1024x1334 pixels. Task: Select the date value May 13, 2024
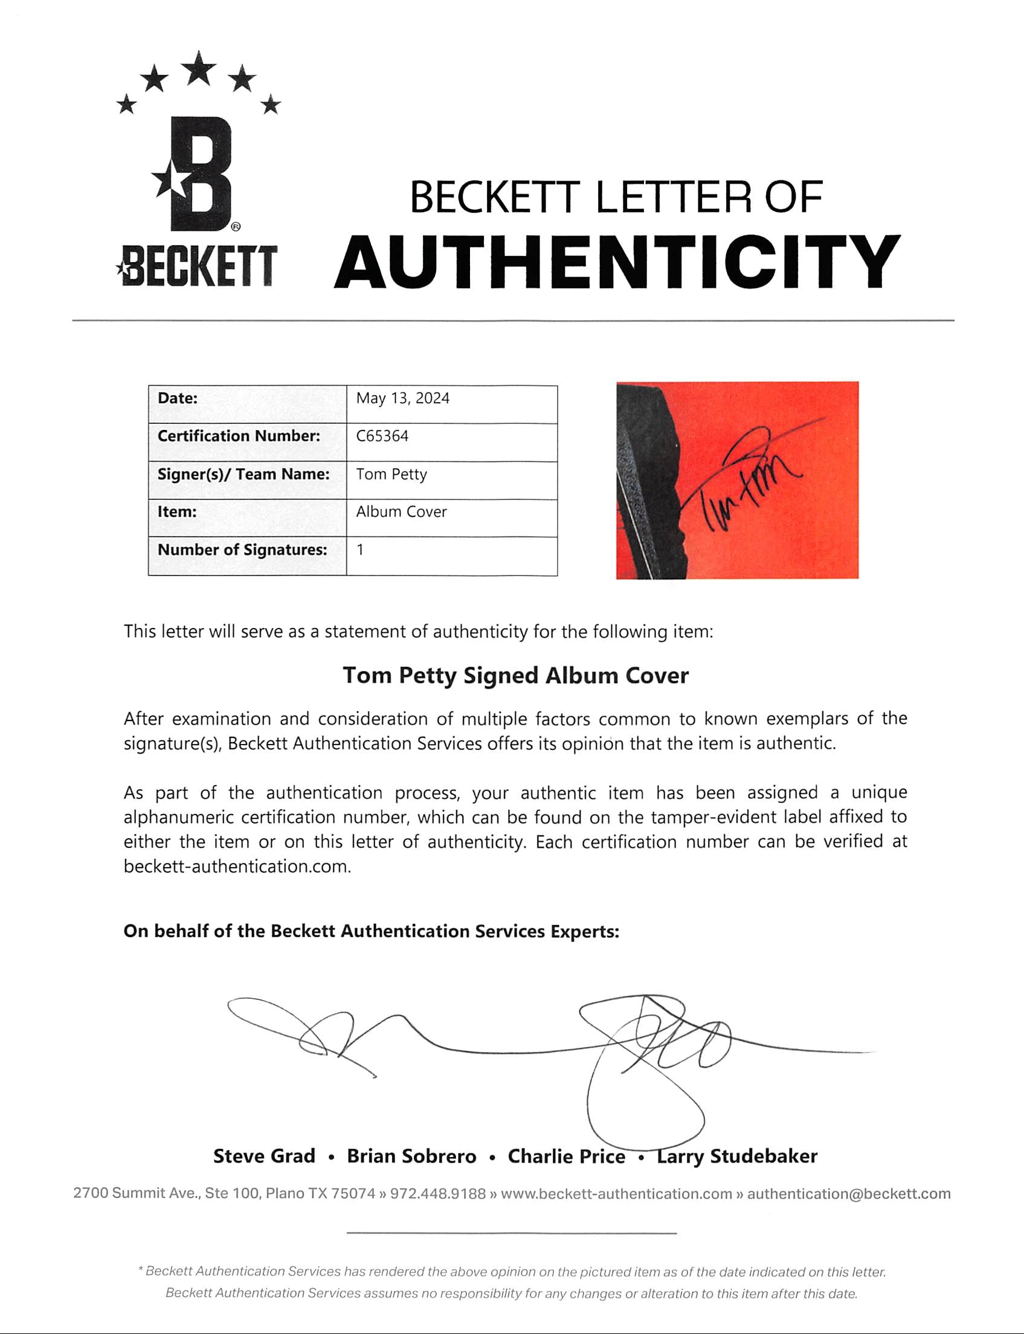pyautogui.click(x=403, y=399)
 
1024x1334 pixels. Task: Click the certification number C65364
pyautogui.click(x=382, y=436)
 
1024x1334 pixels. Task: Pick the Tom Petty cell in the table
pyautogui.click(x=391, y=474)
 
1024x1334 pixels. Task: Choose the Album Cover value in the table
pyautogui.click(x=401, y=511)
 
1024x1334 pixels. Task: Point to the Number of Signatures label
pyautogui.click(x=242, y=550)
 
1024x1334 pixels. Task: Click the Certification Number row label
pyautogui.click(x=238, y=436)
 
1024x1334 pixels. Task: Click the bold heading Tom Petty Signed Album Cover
pyautogui.click(x=515, y=676)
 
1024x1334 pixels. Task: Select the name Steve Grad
pyautogui.click(x=264, y=1156)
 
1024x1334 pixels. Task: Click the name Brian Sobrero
pyautogui.click(x=411, y=1156)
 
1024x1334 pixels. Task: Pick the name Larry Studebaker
pyautogui.click(x=736, y=1156)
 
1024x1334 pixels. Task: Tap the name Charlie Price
pyautogui.click(x=566, y=1156)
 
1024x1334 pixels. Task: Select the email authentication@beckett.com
pyautogui.click(x=848, y=1193)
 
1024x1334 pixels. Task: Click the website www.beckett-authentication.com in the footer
pyautogui.click(x=616, y=1193)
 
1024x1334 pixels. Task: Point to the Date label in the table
pyautogui.click(x=178, y=399)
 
